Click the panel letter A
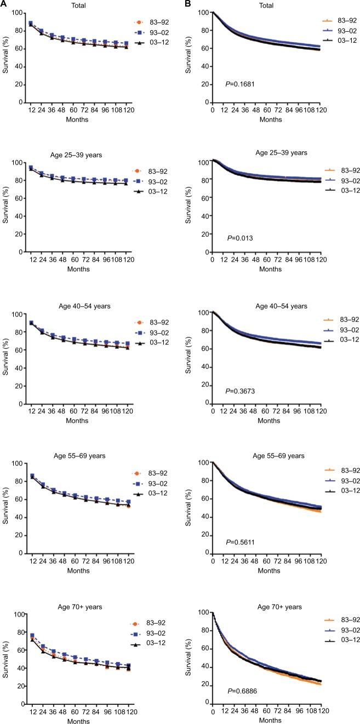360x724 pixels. coord(3,4)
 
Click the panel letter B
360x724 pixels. coord(187,4)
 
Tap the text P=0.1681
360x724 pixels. coord(239,83)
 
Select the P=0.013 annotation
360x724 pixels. coord(237,238)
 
